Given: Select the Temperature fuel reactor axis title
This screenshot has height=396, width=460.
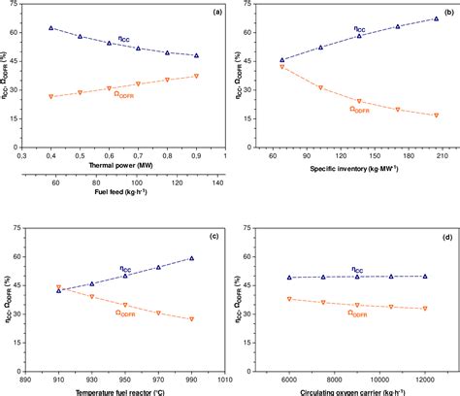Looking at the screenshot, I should click(x=125, y=390).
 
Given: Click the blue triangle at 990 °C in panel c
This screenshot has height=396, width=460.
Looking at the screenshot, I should click(x=191, y=258).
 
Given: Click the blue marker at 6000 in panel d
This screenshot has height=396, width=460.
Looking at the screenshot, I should click(x=289, y=278).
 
